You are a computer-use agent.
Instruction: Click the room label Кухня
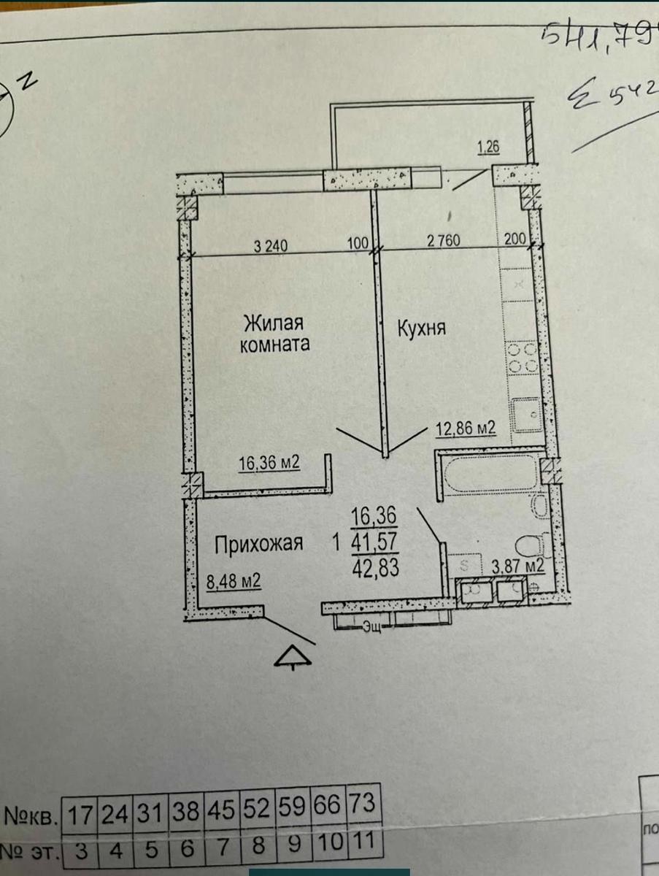click(421, 329)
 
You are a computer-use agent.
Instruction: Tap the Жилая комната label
click(273, 333)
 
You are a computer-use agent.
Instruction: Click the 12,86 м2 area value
click(466, 429)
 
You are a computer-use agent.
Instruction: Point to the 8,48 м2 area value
click(234, 583)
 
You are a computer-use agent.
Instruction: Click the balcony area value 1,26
click(488, 149)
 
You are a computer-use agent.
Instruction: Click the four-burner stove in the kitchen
click(523, 358)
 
